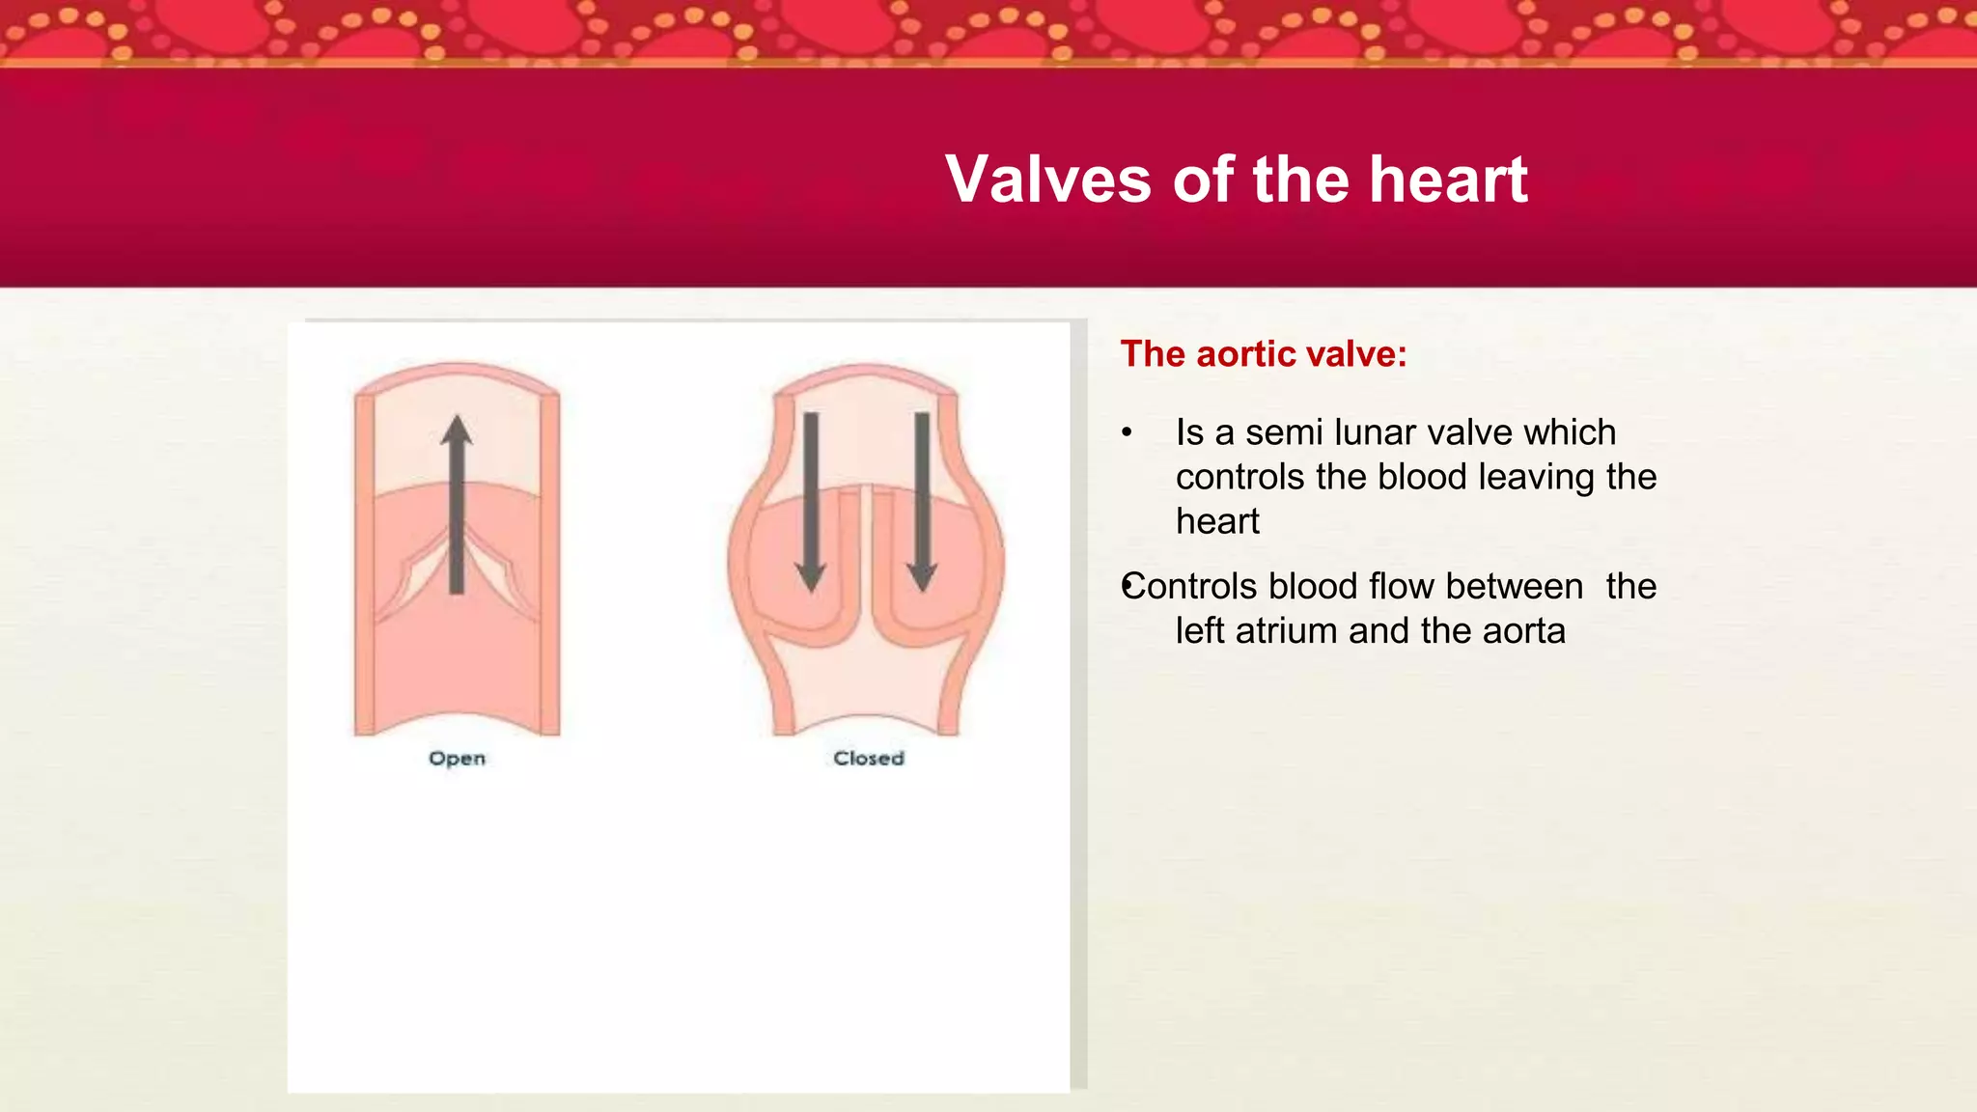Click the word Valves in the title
(x=1048, y=180)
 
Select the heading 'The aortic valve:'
(x=1264, y=354)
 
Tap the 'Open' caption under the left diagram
(x=457, y=759)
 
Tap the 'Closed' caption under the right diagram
(x=869, y=759)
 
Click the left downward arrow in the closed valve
(x=811, y=502)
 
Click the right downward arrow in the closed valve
(x=922, y=502)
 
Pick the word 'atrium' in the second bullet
(x=1287, y=631)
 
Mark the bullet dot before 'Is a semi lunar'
(x=1127, y=432)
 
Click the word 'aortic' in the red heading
(x=1245, y=354)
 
